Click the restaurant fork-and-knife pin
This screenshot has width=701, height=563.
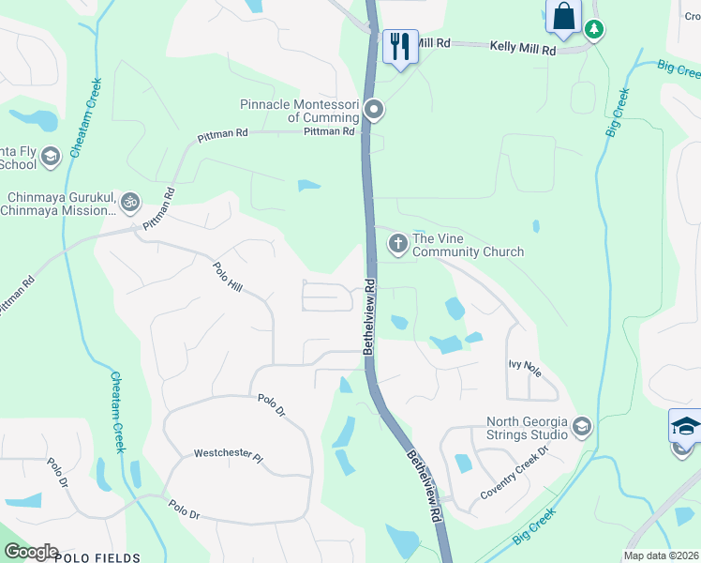click(400, 45)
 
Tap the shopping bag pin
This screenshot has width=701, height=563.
click(563, 17)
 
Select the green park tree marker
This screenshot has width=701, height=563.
click(593, 30)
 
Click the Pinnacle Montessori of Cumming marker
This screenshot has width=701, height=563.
click(374, 112)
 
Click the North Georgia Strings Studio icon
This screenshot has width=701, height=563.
click(581, 428)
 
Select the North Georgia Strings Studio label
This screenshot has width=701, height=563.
click(527, 428)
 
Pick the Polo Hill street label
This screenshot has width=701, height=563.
click(229, 278)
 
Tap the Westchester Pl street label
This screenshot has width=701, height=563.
click(229, 453)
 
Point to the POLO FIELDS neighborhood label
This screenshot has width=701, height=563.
click(97, 557)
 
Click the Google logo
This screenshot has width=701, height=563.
click(30, 552)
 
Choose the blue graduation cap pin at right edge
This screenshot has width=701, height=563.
click(685, 427)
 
